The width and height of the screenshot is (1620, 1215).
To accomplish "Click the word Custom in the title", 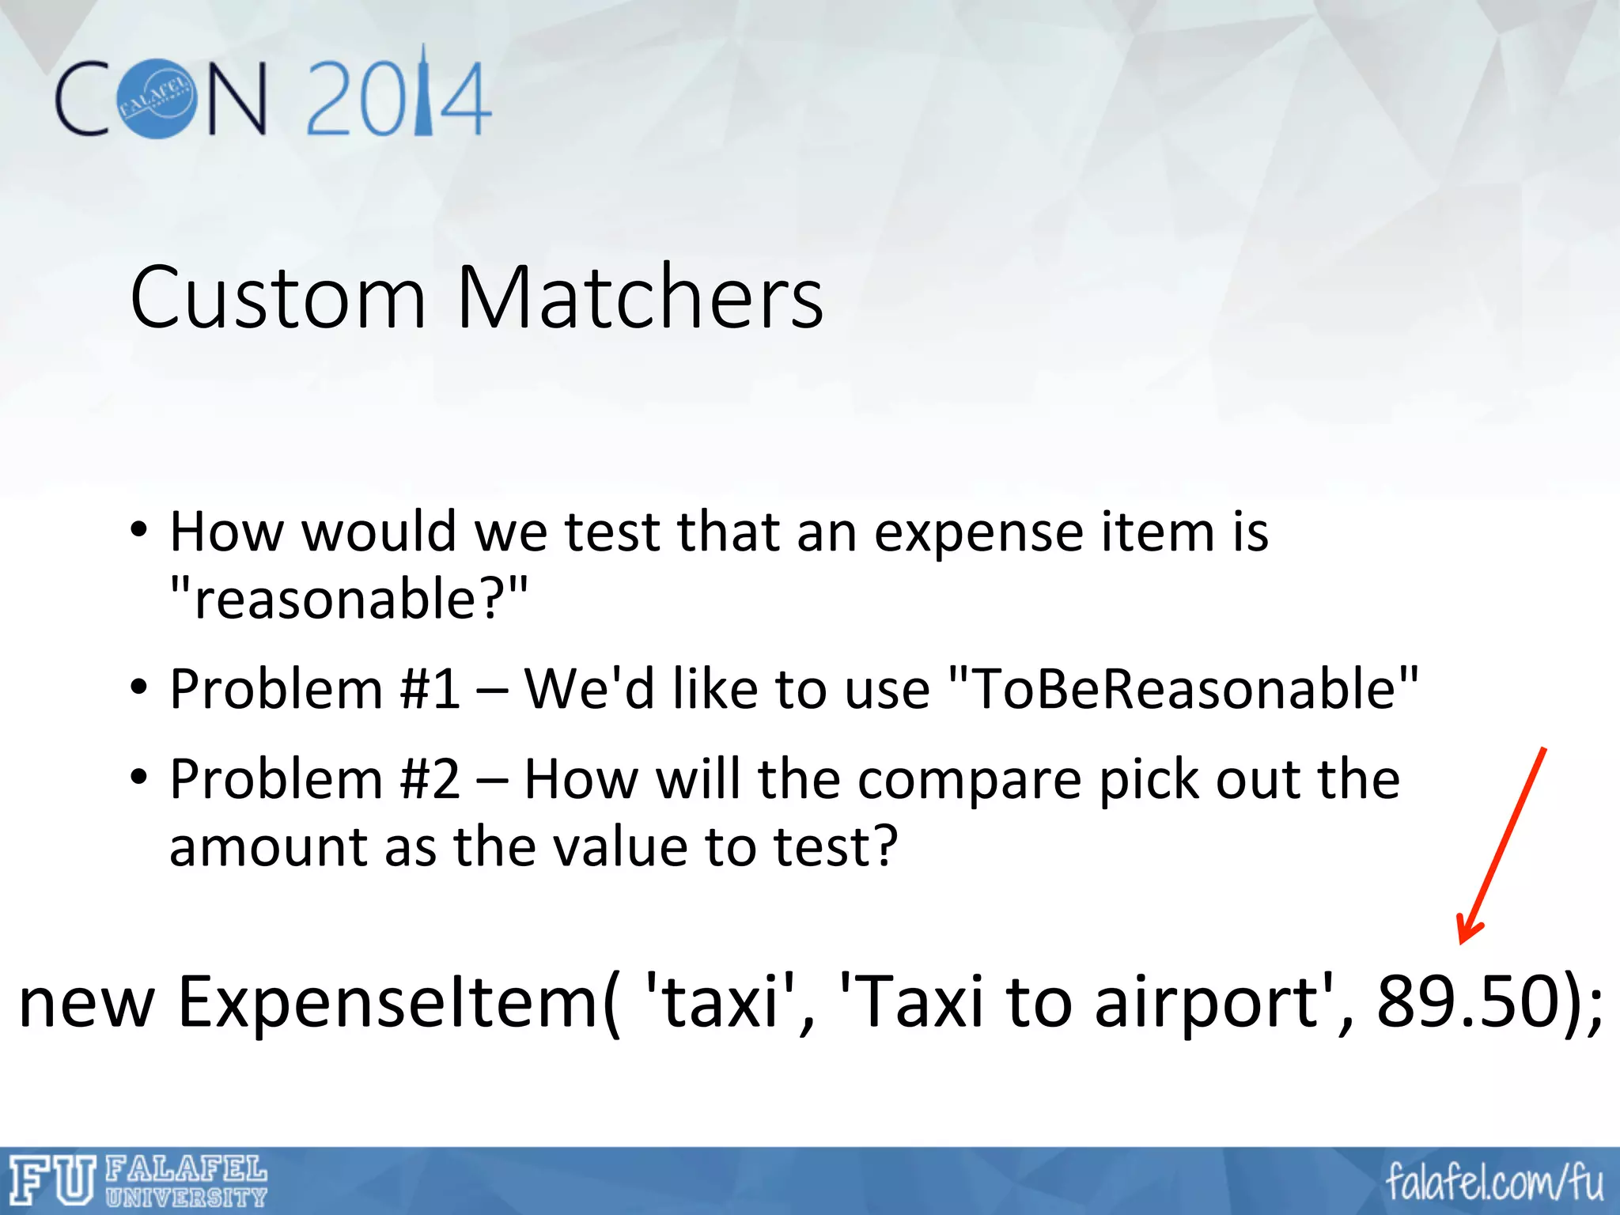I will [x=278, y=298].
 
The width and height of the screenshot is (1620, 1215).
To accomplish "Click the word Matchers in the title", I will [x=640, y=298].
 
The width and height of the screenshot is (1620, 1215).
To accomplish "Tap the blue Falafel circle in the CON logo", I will [x=157, y=99].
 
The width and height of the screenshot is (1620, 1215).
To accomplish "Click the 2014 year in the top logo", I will [x=398, y=99].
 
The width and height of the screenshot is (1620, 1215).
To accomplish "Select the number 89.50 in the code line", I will [x=1468, y=1002].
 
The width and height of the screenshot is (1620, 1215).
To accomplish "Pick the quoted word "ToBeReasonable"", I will [x=1183, y=689].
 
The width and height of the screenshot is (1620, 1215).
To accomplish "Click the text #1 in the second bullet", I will [x=430, y=689].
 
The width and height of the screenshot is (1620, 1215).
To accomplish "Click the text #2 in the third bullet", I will [x=430, y=780].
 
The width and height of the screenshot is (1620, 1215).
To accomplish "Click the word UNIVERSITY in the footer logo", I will [x=187, y=1198].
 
